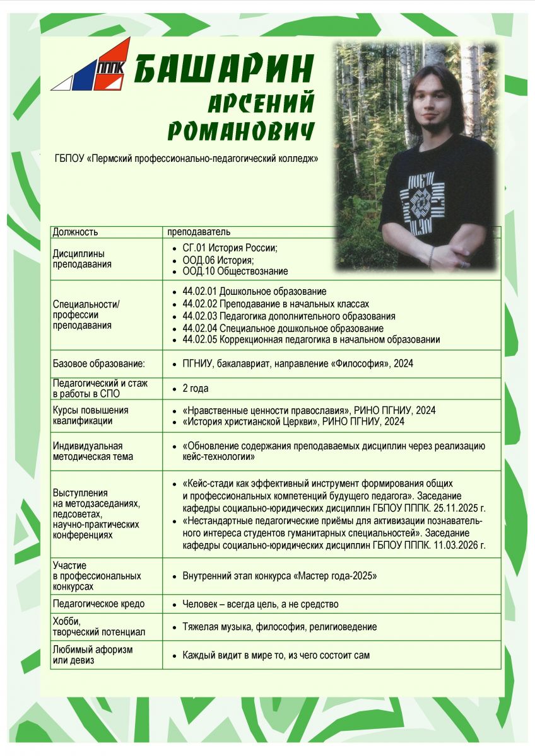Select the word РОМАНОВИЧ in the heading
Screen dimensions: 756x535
click(x=241, y=130)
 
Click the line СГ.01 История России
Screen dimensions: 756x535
click(x=230, y=248)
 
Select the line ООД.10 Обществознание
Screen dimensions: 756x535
click(x=235, y=271)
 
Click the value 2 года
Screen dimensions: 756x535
click(x=196, y=389)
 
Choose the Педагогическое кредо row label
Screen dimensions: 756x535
click(x=98, y=604)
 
